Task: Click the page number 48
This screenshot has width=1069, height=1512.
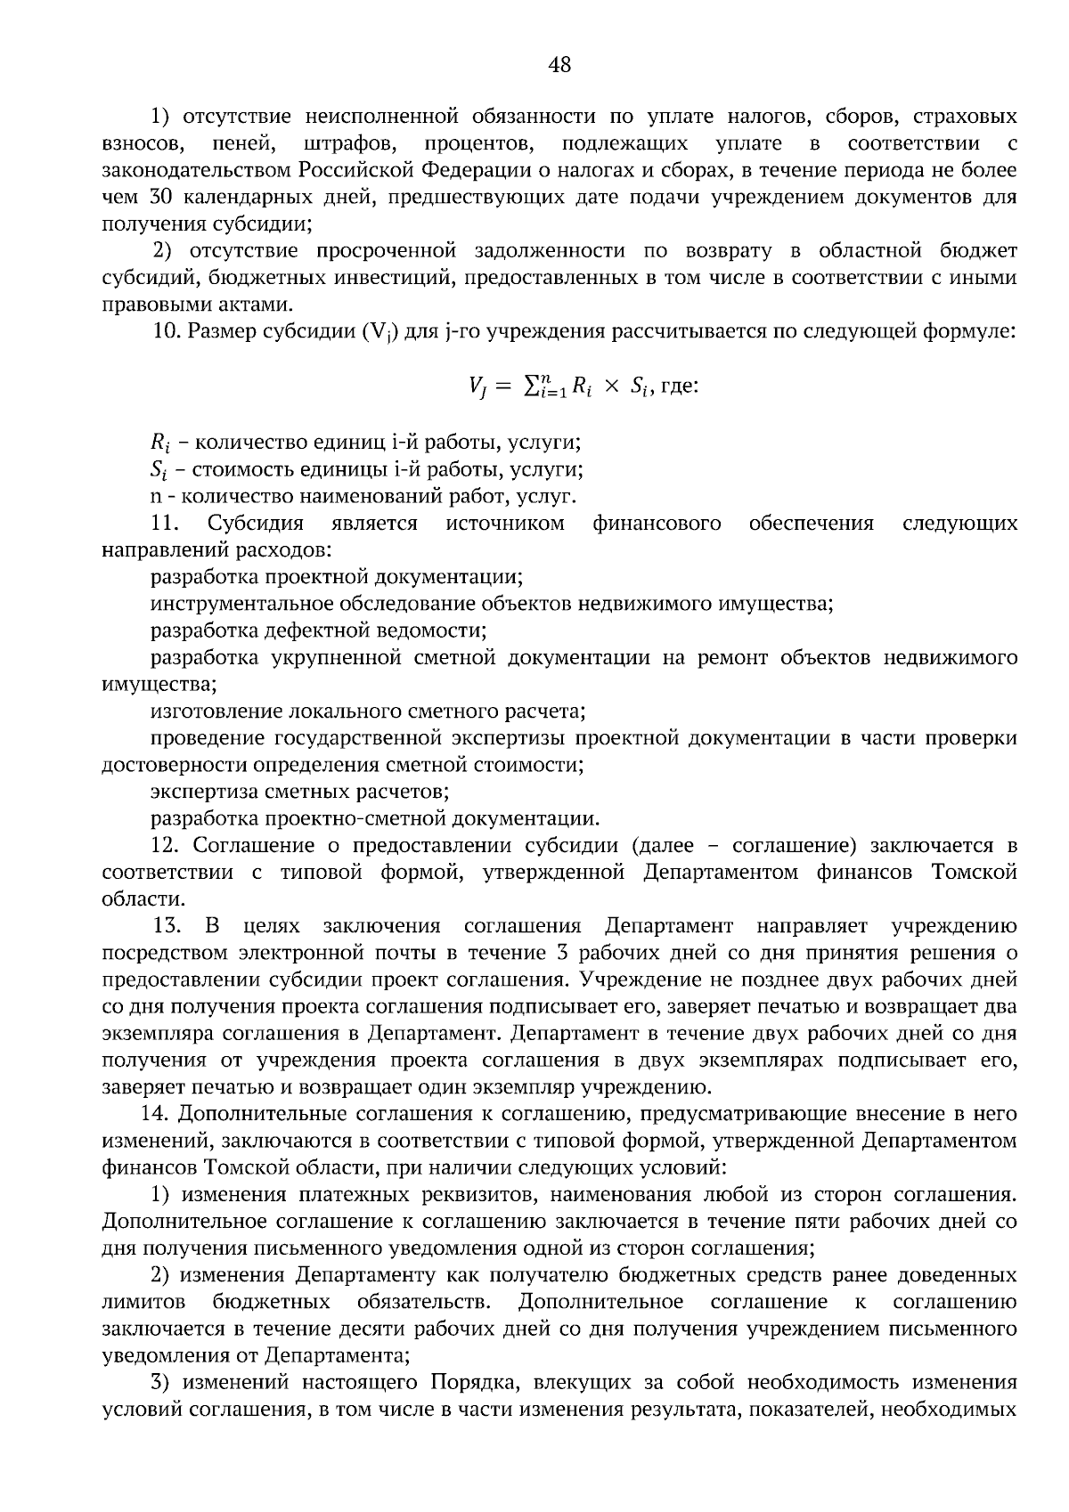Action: point(559,64)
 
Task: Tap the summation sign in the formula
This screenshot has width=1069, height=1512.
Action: point(532,386)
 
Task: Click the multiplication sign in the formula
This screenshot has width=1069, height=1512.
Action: point(610,387)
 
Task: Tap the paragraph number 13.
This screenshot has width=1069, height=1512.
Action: point(169,925)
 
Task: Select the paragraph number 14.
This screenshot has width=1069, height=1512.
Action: point(156,1113)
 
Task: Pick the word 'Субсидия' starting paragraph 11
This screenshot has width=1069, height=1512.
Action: point(255,523)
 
